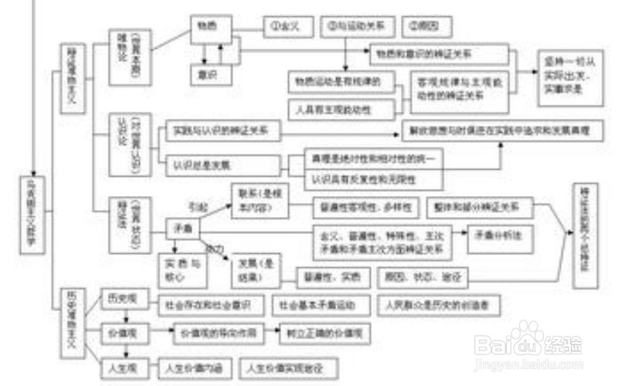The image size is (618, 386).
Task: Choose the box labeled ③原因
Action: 428,25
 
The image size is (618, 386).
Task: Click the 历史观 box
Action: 120,296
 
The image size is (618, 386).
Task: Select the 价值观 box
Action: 120,332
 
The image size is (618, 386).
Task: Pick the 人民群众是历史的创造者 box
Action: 437,305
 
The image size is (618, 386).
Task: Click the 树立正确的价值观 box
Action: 325,334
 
